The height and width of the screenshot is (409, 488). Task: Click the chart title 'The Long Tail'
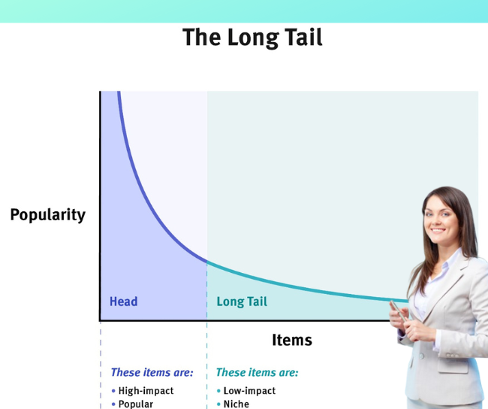[252, 38]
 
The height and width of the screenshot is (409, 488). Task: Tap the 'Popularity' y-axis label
[48, 215]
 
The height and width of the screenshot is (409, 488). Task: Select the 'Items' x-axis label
[292, 340]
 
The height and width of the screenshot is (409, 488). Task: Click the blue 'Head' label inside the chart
[124, 301]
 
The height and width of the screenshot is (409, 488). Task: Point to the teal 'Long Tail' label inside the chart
[242, 301]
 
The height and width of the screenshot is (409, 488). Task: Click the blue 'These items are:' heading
[152, 372]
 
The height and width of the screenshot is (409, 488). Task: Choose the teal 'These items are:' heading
[257, 372]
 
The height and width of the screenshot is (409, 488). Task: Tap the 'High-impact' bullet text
[146, 391]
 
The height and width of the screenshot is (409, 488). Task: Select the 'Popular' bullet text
[136, 404]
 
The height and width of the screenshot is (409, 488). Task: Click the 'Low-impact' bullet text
[249, 391]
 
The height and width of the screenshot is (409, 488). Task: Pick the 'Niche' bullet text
[236, 404]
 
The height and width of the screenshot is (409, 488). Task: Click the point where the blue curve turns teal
[207, 262]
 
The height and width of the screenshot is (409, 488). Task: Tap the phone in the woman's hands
[398, 311]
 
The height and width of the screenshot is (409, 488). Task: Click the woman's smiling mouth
[438, 231]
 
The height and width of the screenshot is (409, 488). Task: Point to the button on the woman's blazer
[422, 356]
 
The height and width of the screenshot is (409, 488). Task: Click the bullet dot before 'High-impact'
[113, 391]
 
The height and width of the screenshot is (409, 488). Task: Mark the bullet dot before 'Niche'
[218, 404]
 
